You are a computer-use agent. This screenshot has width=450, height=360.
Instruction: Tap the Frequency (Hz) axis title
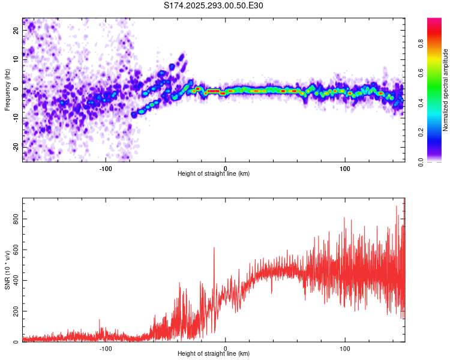[x=7, y=89]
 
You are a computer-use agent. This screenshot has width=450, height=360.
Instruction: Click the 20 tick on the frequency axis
[x=16, y=31]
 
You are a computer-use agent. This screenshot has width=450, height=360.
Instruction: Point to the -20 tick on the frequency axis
[x=16, y=146]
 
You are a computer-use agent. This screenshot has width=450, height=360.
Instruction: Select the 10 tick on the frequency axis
[x=16, y=60]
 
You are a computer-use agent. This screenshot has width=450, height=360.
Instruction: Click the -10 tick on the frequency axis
[x=16, y=117]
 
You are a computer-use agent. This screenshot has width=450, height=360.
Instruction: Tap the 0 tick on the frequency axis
[x=16, y=89]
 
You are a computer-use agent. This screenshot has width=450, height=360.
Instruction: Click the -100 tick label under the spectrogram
[x=106, y=167]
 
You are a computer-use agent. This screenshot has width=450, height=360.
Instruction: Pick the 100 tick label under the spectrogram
[x=345, y=167]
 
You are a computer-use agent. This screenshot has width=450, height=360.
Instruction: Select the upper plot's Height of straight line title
[x=214, y=174]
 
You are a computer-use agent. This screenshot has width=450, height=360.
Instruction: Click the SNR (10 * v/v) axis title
[x=7, y=270]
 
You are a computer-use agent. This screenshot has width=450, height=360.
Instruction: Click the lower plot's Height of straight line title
[x=214, y=355]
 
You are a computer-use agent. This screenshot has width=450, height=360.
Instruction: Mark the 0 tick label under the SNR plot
[x=226, y=348]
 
